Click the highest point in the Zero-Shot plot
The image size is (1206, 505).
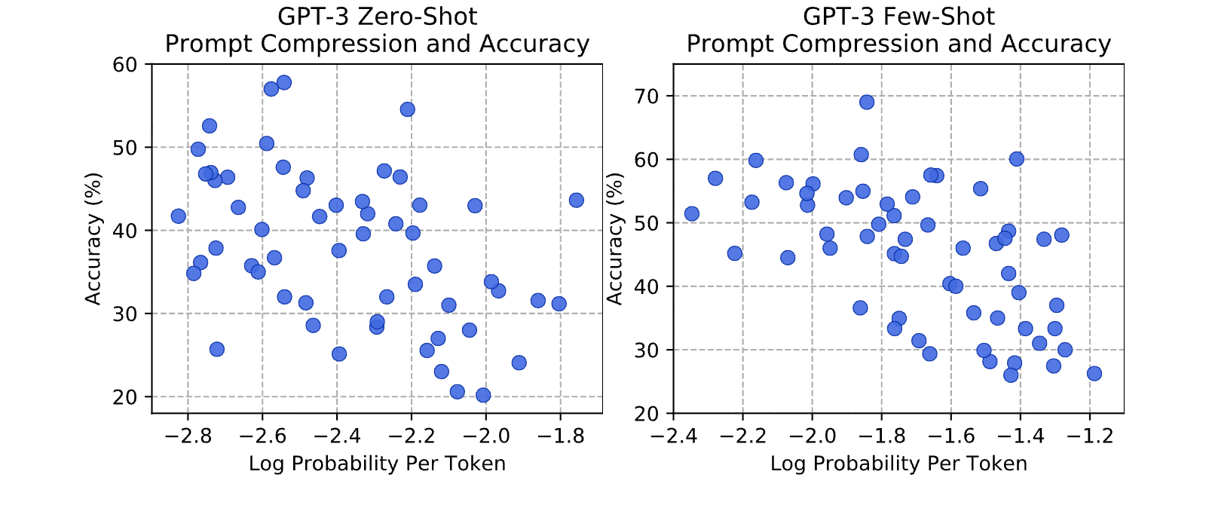(x=284, y=82)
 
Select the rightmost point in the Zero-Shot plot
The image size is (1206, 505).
(x=576, y=200)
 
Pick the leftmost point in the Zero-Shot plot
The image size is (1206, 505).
(x=178, y=216)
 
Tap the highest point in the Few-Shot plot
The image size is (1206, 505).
(x=867, y=103)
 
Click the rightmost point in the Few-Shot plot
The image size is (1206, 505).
(x=1094, y=374)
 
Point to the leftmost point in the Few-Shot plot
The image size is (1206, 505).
(x=692, y=214)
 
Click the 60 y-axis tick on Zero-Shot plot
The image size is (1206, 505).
(x=124, y=65)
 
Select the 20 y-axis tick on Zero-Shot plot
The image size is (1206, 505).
(x=124, y=397)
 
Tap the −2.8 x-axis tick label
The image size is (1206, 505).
(x=188, y=436)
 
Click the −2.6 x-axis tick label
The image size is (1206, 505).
(x=262, y=436)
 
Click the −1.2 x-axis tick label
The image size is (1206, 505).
(x=1090, y=436)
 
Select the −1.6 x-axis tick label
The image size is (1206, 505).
(x=951, y=436)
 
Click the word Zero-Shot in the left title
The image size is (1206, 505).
(x=418, y=17)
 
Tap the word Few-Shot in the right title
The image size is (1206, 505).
(x=939, y=17)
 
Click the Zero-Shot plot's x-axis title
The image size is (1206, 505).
(x=377, y=464)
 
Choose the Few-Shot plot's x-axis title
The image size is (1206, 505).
(x=898, y=464)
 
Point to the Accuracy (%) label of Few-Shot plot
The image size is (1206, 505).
(x=614, y=238)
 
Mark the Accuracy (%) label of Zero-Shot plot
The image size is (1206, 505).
(x=93, y=238)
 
